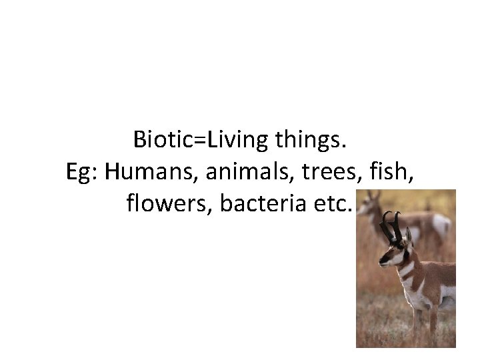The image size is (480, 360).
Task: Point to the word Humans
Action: tap(150, 171)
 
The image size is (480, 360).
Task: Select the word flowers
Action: tap(169, 203)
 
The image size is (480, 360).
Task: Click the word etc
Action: tap(333, 203)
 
